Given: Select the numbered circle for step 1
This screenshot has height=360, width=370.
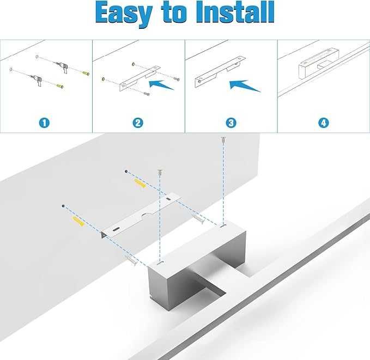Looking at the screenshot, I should [45, 123].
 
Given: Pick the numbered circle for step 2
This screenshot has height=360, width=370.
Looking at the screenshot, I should [138, 123].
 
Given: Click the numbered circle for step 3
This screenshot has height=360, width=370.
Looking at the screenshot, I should [231, 123].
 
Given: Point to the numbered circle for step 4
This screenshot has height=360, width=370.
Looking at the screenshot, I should [324, 123].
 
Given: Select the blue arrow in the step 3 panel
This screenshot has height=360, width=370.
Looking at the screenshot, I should [245, 86].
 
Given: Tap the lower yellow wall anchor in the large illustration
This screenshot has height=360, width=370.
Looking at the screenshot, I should [76, 222].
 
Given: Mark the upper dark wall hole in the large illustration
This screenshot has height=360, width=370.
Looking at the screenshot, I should [126, 172].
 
